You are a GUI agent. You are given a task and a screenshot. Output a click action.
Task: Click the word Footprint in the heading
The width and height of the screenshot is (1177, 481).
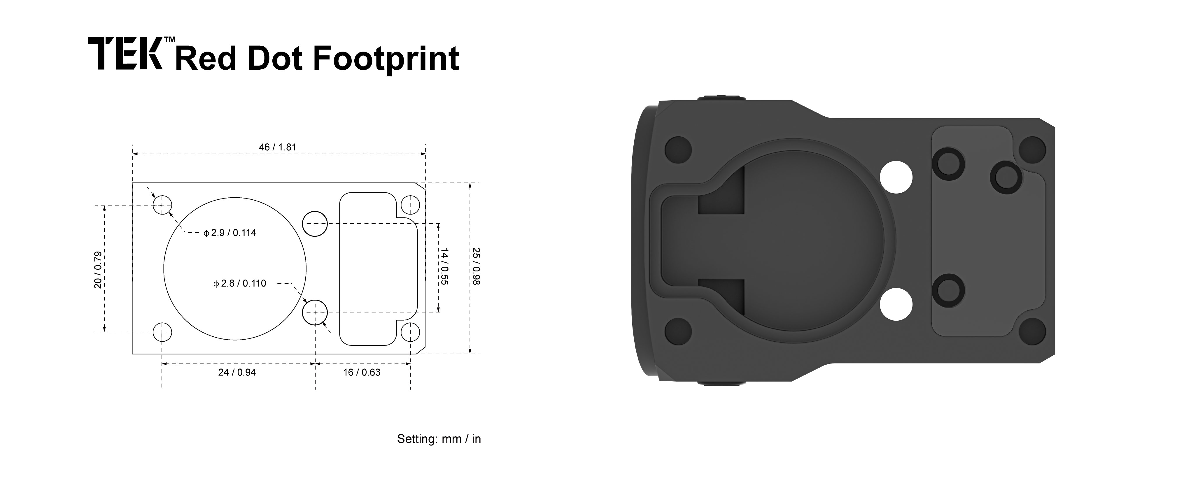386,59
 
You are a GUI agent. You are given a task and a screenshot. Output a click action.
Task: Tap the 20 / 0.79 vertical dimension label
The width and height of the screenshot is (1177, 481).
98,270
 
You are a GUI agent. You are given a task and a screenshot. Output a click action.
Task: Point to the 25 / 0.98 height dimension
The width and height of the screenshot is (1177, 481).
476,266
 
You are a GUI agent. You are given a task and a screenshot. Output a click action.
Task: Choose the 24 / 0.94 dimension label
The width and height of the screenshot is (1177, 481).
237,372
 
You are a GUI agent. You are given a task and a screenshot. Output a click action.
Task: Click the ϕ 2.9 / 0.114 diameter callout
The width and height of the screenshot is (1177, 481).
230,233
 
